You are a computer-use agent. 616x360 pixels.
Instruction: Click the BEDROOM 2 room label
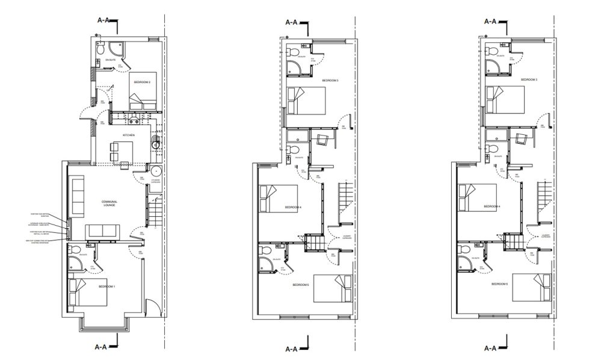[142, 82]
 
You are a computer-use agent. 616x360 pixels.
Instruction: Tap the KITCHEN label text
[129, 135]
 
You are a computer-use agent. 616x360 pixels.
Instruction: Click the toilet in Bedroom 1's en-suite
[70, 250]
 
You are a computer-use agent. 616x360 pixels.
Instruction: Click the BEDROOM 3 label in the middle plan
[330, 80]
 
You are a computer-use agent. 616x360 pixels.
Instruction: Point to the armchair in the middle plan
[322, 141]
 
